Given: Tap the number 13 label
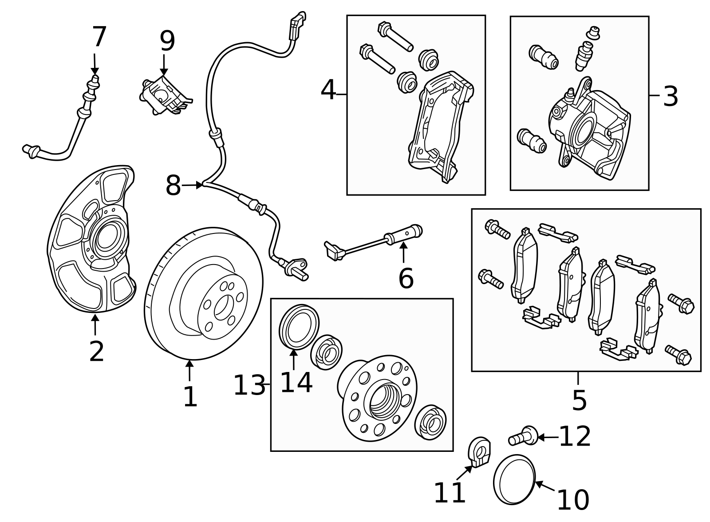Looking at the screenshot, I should tap(249, 385).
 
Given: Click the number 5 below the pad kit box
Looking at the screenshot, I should tap(579, 400).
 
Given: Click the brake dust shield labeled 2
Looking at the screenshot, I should tap(89, 240).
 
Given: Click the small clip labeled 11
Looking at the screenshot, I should tap(480, 451).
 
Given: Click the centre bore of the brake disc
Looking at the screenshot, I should tap(222, 306).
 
